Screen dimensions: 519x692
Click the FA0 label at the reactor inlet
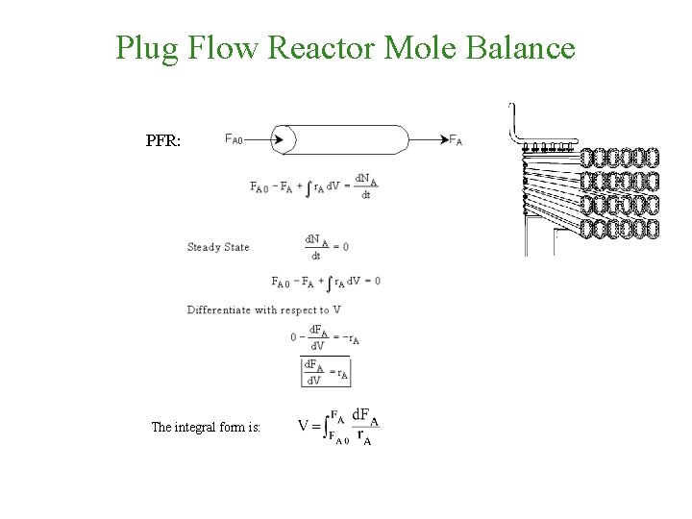[234, 139]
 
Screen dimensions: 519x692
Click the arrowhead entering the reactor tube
[278, 139]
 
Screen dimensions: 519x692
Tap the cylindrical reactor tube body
[356, 139]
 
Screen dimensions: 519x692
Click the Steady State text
[218, 247]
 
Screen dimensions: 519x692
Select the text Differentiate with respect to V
[264, 309]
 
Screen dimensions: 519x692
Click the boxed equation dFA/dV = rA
[326, 372]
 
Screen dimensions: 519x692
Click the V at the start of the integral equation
[304, 427]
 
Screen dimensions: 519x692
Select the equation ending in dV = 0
[327, 282]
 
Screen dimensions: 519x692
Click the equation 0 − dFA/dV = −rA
[325, 337]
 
